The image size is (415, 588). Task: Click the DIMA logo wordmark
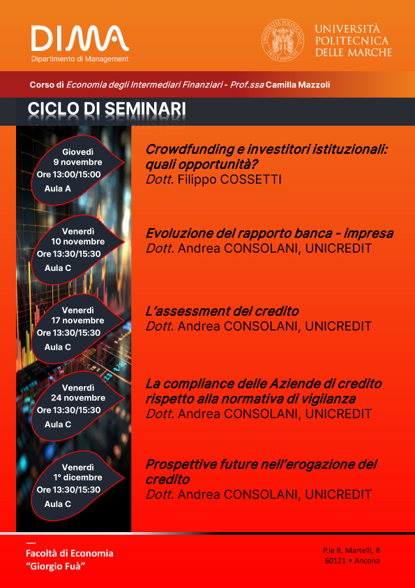80,38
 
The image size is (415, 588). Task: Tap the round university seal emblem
282,40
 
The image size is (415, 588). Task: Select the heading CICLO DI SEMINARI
107,109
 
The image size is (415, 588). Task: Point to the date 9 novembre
77,163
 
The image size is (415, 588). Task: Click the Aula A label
58,189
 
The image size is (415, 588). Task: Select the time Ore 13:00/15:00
68,175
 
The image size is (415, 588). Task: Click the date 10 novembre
78,242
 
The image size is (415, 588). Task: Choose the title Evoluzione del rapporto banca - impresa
269,234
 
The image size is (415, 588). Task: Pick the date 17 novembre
78,321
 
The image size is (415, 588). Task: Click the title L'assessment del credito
222,311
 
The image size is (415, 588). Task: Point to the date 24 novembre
78,398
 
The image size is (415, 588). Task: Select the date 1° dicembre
77,478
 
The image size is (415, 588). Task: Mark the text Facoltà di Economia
70,554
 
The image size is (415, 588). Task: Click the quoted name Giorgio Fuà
54,566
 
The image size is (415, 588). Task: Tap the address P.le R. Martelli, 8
352,551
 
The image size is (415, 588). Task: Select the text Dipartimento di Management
80,59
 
